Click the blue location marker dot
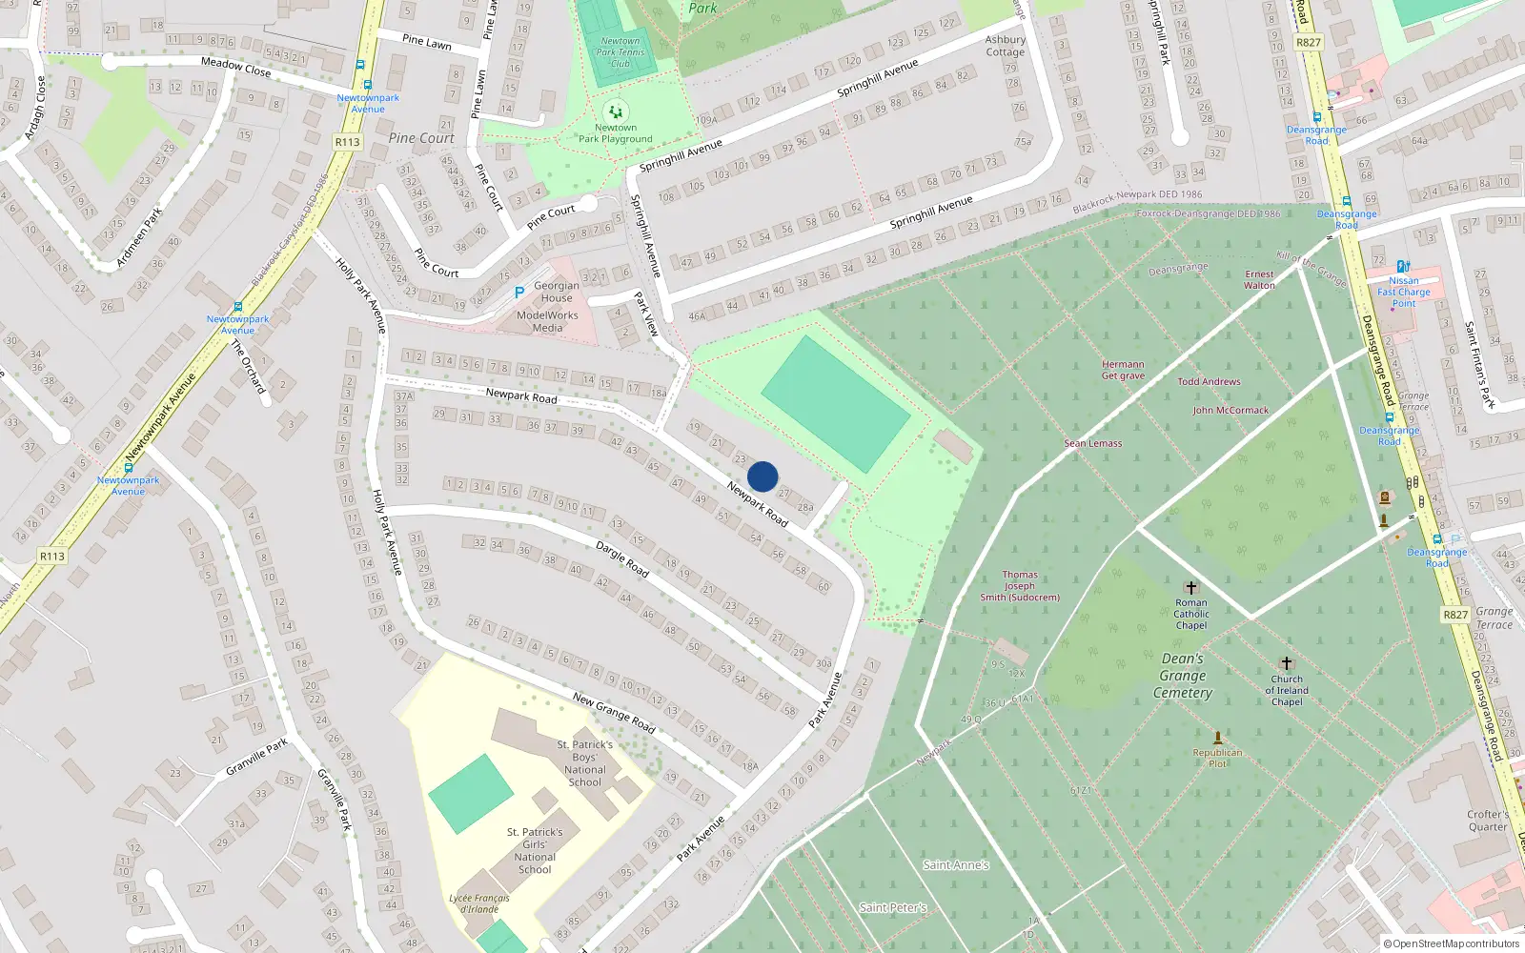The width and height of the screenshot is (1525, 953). coord(762,476)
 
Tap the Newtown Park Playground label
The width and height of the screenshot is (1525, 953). coord(616,133)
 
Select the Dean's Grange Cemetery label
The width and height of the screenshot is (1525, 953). coord(1183,676)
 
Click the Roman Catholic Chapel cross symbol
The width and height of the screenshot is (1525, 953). coord(1190,588)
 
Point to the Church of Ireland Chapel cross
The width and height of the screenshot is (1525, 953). coord(1286,663)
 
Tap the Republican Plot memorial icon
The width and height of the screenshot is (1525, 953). coord(1217,738)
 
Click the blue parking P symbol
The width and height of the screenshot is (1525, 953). coord(518,293)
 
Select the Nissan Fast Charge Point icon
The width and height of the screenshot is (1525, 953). coord(1403,267)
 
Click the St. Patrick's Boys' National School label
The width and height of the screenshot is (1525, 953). coord(585,763)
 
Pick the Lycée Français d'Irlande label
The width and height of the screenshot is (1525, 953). coord(479,903)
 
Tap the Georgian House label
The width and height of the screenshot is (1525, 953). coord(557,292)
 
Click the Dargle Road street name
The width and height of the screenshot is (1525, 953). coord(622,559)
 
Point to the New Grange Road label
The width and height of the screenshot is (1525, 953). coord(614,712)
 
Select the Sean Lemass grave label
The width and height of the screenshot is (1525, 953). coord(1093,443)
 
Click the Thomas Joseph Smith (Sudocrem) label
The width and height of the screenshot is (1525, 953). coord(1020,586)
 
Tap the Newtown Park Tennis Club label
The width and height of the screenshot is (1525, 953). coord(620,52)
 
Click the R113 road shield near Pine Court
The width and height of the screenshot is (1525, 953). coord(347,142)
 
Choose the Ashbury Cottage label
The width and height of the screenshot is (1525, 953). coord(1006,46)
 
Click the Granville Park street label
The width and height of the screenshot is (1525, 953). coord(256,757)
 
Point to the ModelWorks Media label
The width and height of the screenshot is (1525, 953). coord(547,321)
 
